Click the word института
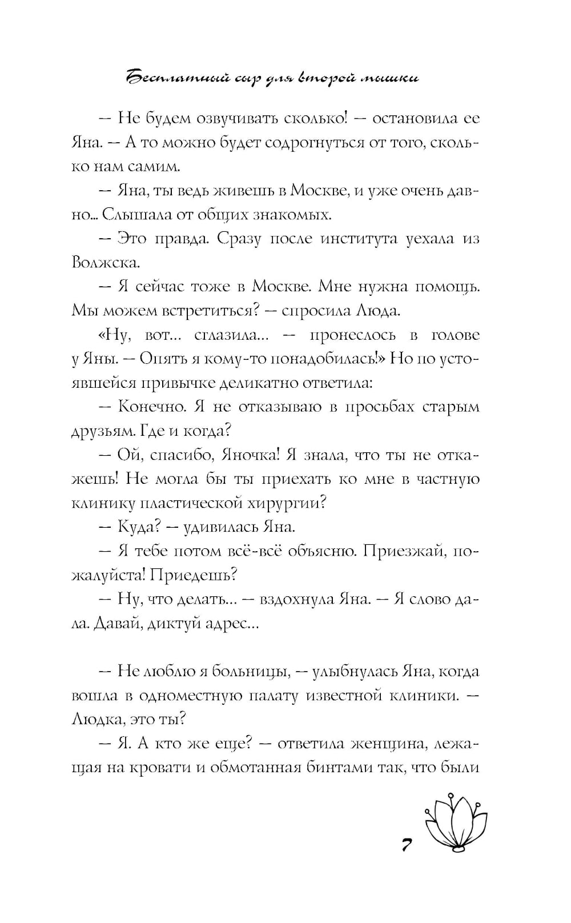coord(359,238)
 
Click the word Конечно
coord(151,407)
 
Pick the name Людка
coord(98,719)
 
